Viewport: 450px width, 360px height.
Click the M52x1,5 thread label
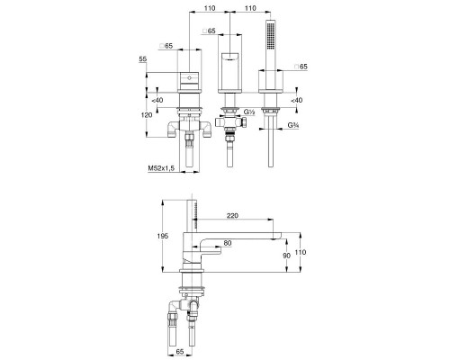(x=161, y=168)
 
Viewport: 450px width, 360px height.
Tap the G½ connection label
(x=249, y=112)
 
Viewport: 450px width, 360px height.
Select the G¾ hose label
(x=293, y=125)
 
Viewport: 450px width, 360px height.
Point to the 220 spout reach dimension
(x=232, y=215)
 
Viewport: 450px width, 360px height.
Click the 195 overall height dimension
(x=163, y=236)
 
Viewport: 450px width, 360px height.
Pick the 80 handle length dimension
(x=228, y=243)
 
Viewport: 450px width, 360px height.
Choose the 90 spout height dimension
(x=287, y=256)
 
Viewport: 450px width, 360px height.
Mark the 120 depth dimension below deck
(x=147, y=115)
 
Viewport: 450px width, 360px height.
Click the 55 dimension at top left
(x=143, y=59)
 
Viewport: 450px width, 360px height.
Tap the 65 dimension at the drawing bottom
(x=180, y=351)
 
